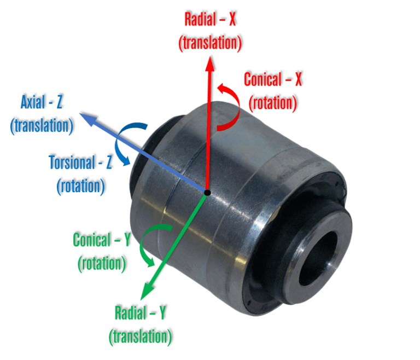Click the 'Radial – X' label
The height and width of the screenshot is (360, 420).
(x=211, y=20)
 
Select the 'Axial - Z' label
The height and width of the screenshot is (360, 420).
(x=42, y=102)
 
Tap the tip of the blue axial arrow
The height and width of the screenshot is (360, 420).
(x=81, y=114)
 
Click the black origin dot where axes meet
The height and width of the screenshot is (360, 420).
(x=208, y=192)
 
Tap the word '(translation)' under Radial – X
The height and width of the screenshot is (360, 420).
(x=211, y=44)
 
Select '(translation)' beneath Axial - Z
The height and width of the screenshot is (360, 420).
(x=42, y=125)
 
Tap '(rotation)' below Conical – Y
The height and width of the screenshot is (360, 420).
(x=102, y=263)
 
